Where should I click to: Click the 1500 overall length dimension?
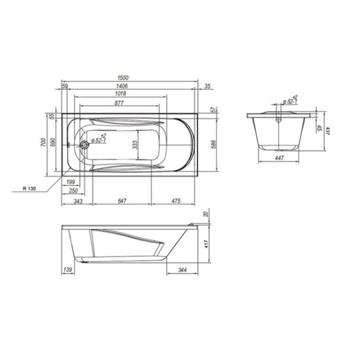(131, 78)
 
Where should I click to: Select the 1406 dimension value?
(131, 86)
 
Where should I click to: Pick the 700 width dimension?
(44, 143)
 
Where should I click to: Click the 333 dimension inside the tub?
(136, 145)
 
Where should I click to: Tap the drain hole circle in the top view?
(85, 144)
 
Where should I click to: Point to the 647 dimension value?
(122, 201)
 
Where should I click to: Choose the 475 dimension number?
(174, 201)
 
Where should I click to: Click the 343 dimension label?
(77, 201)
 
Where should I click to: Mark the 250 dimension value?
(73, 190)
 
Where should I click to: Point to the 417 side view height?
(209, 244)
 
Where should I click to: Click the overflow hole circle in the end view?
(278, 118)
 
